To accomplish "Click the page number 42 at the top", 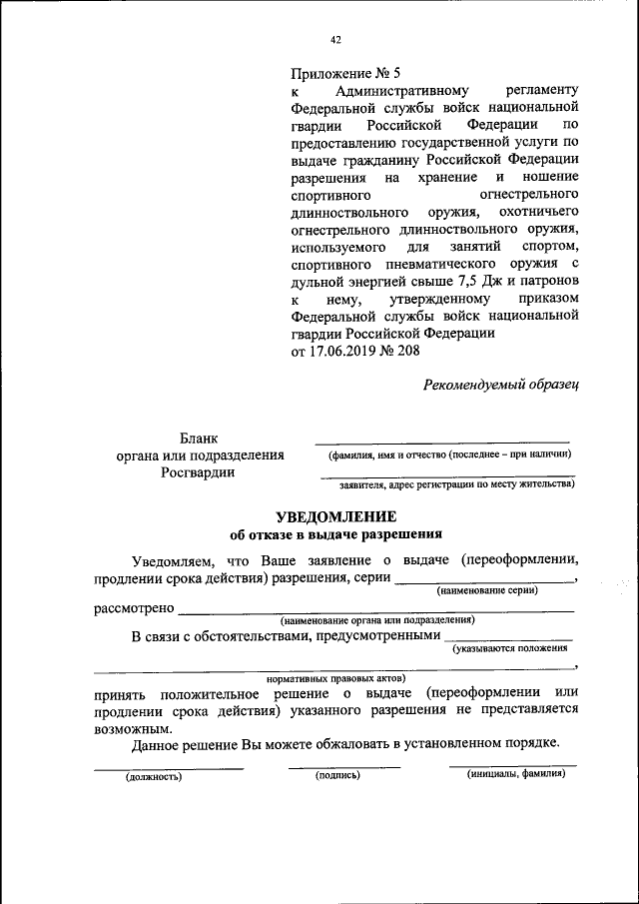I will (x=335, y=40).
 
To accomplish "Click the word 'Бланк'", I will (x=200, y=438).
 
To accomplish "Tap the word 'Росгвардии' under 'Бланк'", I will (x=199, y=473).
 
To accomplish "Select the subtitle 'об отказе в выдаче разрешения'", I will (x=334, y=533).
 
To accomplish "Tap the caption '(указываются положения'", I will (x=510, y=649).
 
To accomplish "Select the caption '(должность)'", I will (x=154, y=775).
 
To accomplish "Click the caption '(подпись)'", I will (x=336, y=775).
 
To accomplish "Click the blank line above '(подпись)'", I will (x=343, y=766).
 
